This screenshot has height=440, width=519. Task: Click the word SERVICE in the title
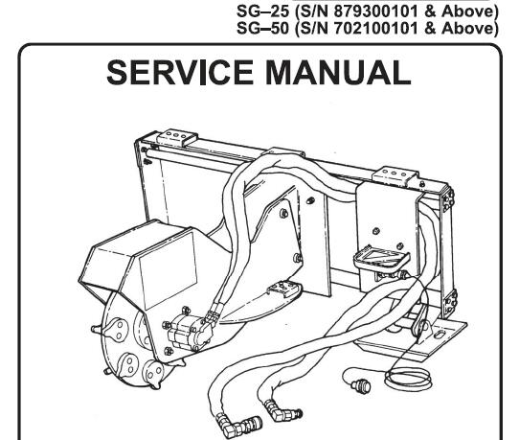[x=180, y=73]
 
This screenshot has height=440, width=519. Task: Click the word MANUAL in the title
[x=338, y=73]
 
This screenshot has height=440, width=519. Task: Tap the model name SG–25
[x=263, y=12]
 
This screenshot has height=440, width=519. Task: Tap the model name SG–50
[x=263, y=28]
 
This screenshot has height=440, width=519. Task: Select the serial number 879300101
[x=375, y=12]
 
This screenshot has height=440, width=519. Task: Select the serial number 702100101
[x=375, y=28]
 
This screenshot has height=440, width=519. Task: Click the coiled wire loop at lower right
[x=408, y=379]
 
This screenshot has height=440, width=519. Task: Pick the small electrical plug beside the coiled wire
[x=360, y=384]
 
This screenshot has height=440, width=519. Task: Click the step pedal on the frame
[x=381, y=258]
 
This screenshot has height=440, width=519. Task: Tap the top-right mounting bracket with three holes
[x=395, y=174]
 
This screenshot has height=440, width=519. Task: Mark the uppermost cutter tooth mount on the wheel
[x=114, y=328]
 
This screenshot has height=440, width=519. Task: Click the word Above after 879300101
[x=469, y=12]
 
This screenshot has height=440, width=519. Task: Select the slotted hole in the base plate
[x=440, y=334]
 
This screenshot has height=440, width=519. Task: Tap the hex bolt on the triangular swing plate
[x=283, y=213]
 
